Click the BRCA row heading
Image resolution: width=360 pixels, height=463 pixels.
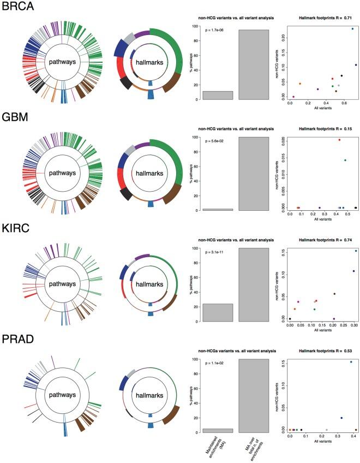pos(17,8)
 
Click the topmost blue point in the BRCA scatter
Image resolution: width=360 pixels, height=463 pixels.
pos(352,28)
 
